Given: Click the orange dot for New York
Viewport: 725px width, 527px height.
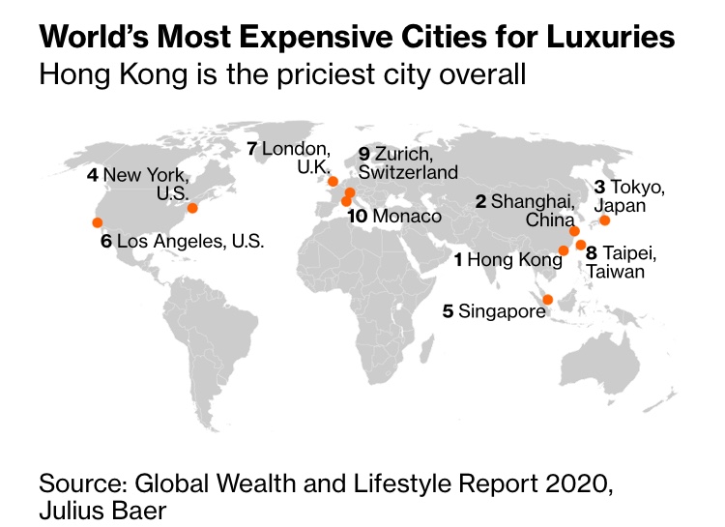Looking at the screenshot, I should pos(192,208).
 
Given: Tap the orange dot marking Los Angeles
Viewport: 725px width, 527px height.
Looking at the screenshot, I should pos(97,222).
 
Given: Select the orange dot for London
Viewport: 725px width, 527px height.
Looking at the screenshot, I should pos(333,181).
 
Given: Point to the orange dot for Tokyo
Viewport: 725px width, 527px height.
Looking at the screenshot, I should pos(605,220).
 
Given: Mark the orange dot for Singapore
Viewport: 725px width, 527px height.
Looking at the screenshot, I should pos(548,300).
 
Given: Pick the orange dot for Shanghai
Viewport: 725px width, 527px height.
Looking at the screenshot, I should pos(574,231).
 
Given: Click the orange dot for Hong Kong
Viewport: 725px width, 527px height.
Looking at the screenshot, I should pos(564,250).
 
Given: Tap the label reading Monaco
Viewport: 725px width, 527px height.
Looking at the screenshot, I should pos(406,217).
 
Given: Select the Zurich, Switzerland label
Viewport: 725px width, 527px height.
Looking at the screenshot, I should pos(407,163).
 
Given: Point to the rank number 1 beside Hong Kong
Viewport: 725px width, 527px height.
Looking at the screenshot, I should pos(459,260).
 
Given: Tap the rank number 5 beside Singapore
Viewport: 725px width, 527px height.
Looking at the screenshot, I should pos(448,311).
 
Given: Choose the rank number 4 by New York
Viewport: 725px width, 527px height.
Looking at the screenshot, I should pos(92,175).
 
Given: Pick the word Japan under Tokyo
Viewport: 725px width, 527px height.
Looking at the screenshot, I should pos(620,206).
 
